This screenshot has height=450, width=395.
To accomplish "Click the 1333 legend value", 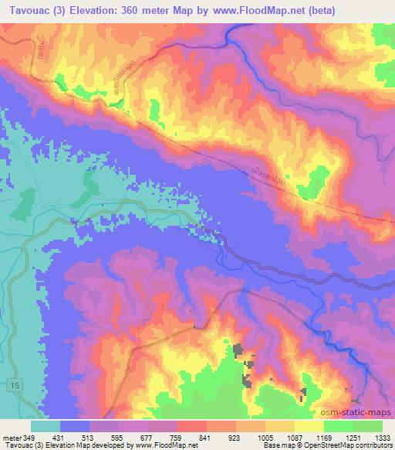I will tap(382, 437).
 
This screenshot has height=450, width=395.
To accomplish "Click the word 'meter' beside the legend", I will tap(12, 437).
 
